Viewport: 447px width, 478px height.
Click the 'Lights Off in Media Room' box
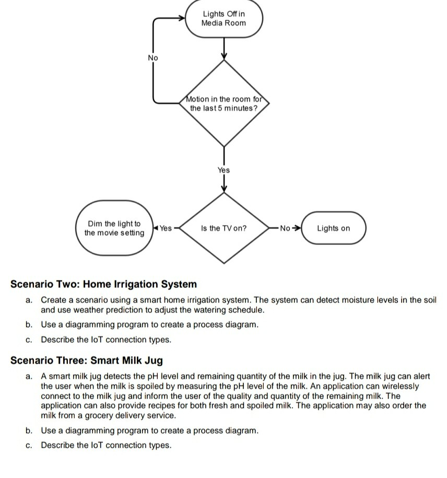223,19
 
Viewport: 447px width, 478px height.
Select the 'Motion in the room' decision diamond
223,103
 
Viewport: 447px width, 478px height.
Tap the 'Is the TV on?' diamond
223,228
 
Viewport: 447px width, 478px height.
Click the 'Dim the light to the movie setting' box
114,228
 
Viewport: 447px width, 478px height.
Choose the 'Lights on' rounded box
333,228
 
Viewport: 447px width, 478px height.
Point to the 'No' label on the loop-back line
152,58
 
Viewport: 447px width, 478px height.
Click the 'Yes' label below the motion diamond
223,170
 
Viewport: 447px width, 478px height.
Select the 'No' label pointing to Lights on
285,228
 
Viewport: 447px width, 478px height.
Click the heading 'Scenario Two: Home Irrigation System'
104,284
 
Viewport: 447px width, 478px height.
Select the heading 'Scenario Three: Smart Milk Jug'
87,360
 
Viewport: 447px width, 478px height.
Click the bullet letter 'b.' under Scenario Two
29,324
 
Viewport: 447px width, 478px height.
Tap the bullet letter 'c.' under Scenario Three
29,445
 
